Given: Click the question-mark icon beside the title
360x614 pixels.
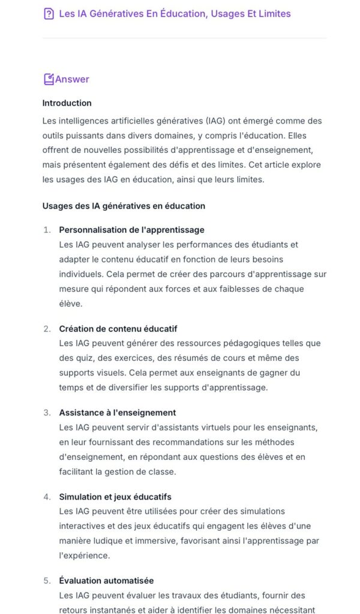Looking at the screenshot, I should point(49,14).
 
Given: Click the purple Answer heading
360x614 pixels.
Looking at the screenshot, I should point(72,79).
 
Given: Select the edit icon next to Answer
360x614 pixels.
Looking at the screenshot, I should point(49,79).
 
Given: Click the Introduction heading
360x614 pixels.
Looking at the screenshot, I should point(67,103).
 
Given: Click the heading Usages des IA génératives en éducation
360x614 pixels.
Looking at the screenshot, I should point(124,206).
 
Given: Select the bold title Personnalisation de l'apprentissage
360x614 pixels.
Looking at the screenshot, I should point(131,230).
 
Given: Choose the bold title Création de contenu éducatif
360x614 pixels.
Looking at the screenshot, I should point(118,329).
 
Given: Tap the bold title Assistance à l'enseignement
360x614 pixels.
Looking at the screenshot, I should point(117,413).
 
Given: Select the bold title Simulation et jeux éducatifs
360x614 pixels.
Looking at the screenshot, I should point(115,497).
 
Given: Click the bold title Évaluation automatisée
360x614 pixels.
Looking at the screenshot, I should point(106,581).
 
